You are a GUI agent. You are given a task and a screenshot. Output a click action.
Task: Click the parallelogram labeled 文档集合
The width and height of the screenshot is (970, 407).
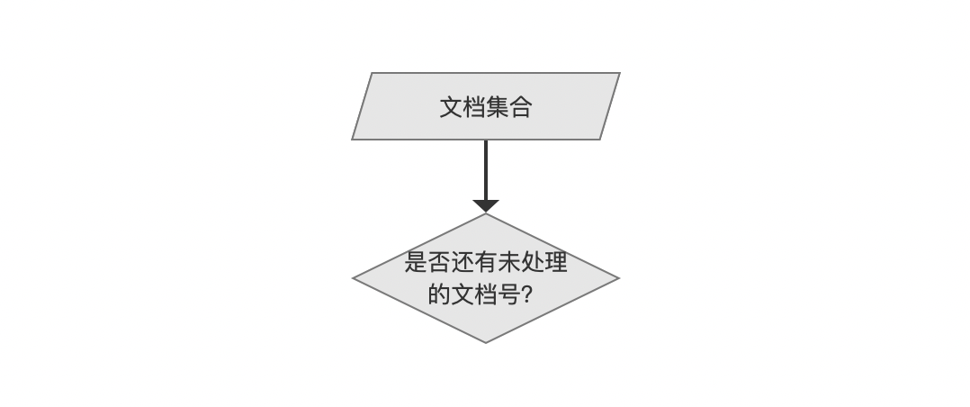tap(486, 106)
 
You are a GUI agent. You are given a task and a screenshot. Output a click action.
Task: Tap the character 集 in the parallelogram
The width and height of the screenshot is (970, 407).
tap(498, 107)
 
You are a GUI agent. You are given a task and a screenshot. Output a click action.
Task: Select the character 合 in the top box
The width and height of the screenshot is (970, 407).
tap(521, 107)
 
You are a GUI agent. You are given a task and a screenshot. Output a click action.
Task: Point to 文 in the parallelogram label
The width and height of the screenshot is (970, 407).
tap(451, 107)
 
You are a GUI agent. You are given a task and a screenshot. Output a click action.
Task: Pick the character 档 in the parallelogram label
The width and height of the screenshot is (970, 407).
tap(474, 107)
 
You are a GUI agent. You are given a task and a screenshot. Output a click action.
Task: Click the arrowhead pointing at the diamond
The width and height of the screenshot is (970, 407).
tap(486, 206)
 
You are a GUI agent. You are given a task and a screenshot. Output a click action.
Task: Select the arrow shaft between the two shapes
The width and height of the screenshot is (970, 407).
tap(486, 170)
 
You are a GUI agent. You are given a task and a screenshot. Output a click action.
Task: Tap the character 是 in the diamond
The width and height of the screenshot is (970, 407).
tap(416, 262)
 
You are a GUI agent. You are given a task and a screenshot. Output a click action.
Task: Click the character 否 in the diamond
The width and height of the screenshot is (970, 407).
tap(439, 262)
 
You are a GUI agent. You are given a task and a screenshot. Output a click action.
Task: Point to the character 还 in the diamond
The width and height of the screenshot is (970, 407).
tap(463, 262)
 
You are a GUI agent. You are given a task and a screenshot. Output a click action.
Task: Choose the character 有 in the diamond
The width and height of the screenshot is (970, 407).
tap(486, 262)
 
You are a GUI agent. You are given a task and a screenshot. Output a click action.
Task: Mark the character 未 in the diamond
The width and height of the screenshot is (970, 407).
tap(509, 262)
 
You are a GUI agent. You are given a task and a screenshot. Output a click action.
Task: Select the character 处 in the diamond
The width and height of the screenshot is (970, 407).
tap(533, 262)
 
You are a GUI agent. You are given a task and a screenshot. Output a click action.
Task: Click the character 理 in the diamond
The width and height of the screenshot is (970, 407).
tap(555, 262)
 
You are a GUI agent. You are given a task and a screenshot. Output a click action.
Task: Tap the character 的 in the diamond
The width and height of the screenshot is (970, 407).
tap(439, 294)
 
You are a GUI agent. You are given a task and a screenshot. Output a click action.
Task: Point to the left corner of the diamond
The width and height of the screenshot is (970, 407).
tap(353, 278)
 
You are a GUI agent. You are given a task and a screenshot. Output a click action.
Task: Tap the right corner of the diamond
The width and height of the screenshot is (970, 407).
tap(619, 278)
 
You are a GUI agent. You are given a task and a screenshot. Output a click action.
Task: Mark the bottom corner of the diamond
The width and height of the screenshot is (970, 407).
tap(486, 342)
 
